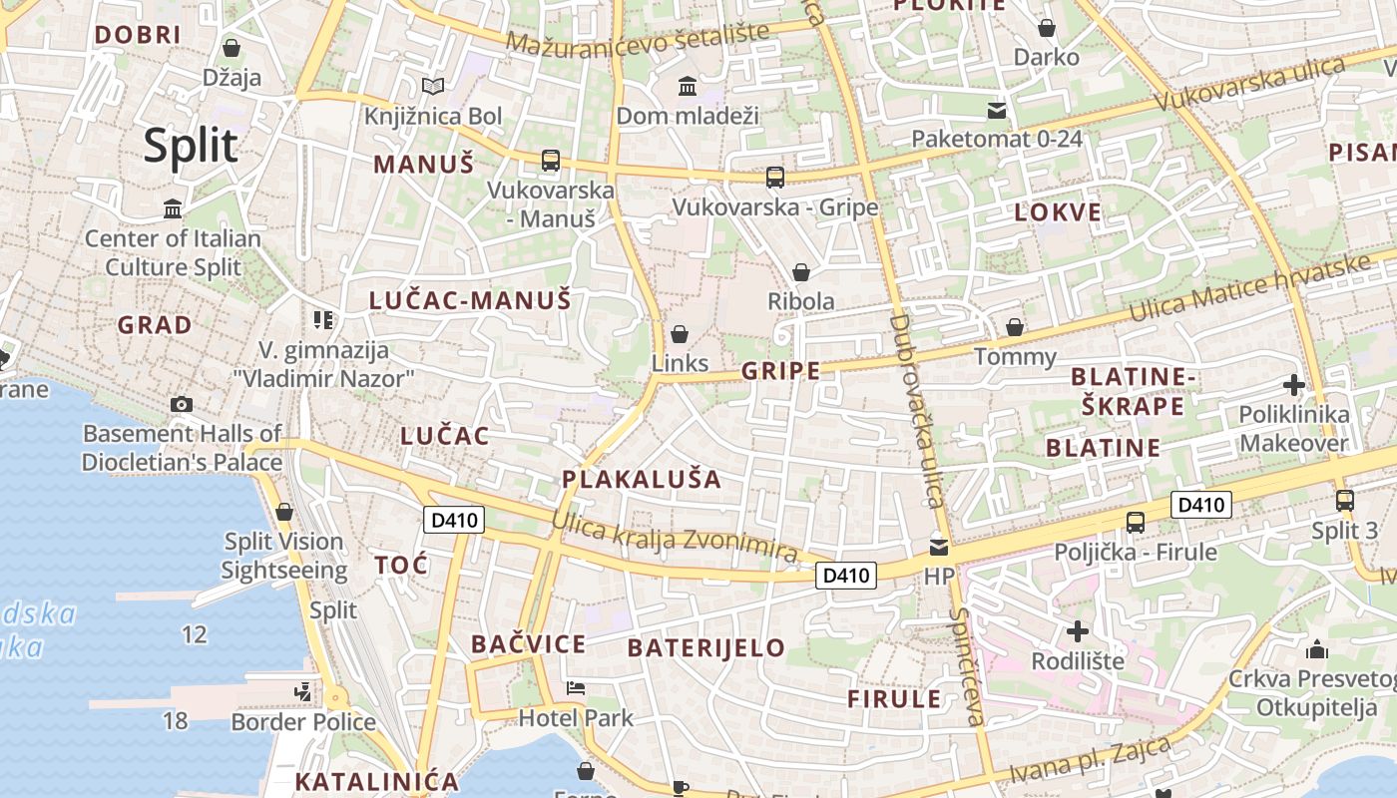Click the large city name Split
[x=191, y=146]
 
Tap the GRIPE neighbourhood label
[x=780, y=372]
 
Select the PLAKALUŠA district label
[x=641, y=479]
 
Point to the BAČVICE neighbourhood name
[x=528, y=644]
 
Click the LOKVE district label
[x=1058, y=212]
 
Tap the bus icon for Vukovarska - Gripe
[x=774, y=178]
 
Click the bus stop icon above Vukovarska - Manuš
[x=550, y=160]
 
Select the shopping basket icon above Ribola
[x=800, y=272]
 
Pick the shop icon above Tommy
[x=1015, y=327]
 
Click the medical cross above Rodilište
[x=1077, y=631]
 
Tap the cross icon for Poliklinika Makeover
[x=1293, y=385]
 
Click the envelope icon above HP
[x=938, y=547]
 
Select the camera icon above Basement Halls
[x=181, y=404]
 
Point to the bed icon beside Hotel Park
[x=576, y=688]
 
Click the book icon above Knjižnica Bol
[x=432, y=87]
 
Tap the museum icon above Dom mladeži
[x=687, y=87]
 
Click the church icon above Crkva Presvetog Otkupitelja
[x=1316, y=649]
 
